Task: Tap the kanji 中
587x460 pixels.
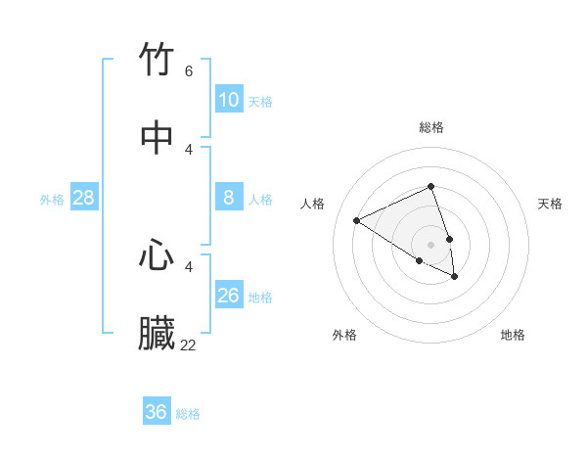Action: [158, 137]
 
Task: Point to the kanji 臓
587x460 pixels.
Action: [158, 333]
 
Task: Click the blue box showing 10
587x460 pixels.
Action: [228, 100]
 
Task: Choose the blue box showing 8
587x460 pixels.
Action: [228, 198]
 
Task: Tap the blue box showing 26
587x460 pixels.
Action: [228, 296]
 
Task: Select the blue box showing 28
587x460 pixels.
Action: [83, 198]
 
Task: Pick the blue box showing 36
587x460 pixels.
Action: [156, 412]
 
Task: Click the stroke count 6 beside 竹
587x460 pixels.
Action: [189, 71]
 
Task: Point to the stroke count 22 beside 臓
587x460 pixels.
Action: [189, 345]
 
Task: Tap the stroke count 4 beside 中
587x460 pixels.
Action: [189, 149]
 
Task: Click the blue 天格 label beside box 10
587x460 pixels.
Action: [260, 102]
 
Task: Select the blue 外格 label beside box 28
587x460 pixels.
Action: [52, 200]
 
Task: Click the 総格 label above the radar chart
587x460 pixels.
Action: [431, 127]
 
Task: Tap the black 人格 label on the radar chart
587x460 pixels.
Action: [312, 204]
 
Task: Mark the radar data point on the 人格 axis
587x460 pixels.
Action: [357, 221]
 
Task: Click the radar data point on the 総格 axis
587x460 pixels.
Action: [430, 186]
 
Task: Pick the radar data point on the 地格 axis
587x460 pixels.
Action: [455, 277]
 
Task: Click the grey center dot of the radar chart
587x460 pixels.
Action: [430, 244]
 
